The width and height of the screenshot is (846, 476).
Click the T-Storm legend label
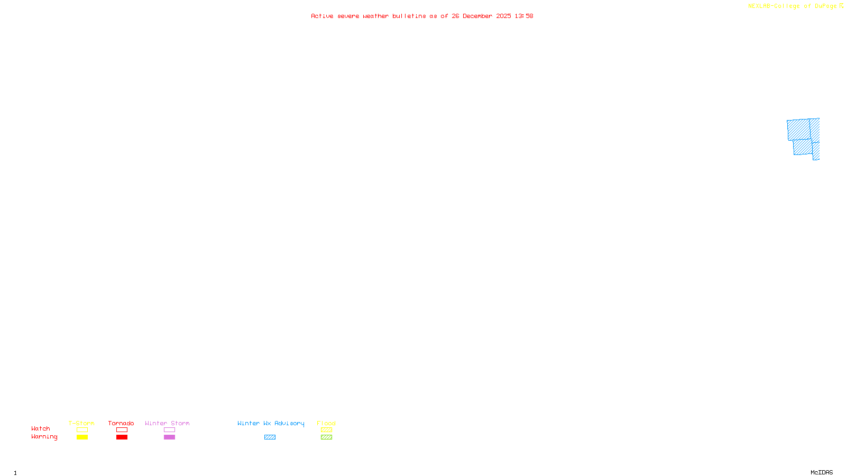point(81,423)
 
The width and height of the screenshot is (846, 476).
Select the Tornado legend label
point(121,423)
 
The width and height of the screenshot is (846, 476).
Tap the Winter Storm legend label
point(167,423)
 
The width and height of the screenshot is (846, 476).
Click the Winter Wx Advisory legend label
point(271,423)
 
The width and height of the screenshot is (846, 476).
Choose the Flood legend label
point(326,423)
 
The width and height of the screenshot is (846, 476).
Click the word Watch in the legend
point(41,429)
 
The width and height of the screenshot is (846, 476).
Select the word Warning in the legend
point(44,437)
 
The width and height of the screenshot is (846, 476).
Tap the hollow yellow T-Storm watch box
point(82,430)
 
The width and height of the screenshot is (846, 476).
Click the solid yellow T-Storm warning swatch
point(82,437)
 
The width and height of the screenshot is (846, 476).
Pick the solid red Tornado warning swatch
point(122,437)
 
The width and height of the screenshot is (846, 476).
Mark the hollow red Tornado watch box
point(122,430)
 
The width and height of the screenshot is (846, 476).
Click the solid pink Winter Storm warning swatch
point(169,437)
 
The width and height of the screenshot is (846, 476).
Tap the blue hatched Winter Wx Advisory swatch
point(270,437)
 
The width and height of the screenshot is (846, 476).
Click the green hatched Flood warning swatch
point(326,437)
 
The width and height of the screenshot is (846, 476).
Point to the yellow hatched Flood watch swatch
point(326,430)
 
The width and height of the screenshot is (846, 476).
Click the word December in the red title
point(477,16)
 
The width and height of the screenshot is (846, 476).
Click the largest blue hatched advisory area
point(798,130)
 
